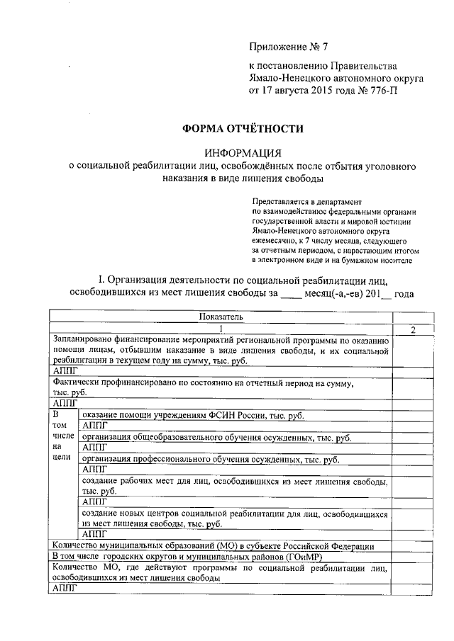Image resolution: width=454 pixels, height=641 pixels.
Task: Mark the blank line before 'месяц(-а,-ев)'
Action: [x=292, y=294]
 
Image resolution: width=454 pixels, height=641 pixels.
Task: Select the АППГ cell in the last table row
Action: [x=65, y=589]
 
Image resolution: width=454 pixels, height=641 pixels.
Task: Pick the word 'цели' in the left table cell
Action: [x=60, y=458]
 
